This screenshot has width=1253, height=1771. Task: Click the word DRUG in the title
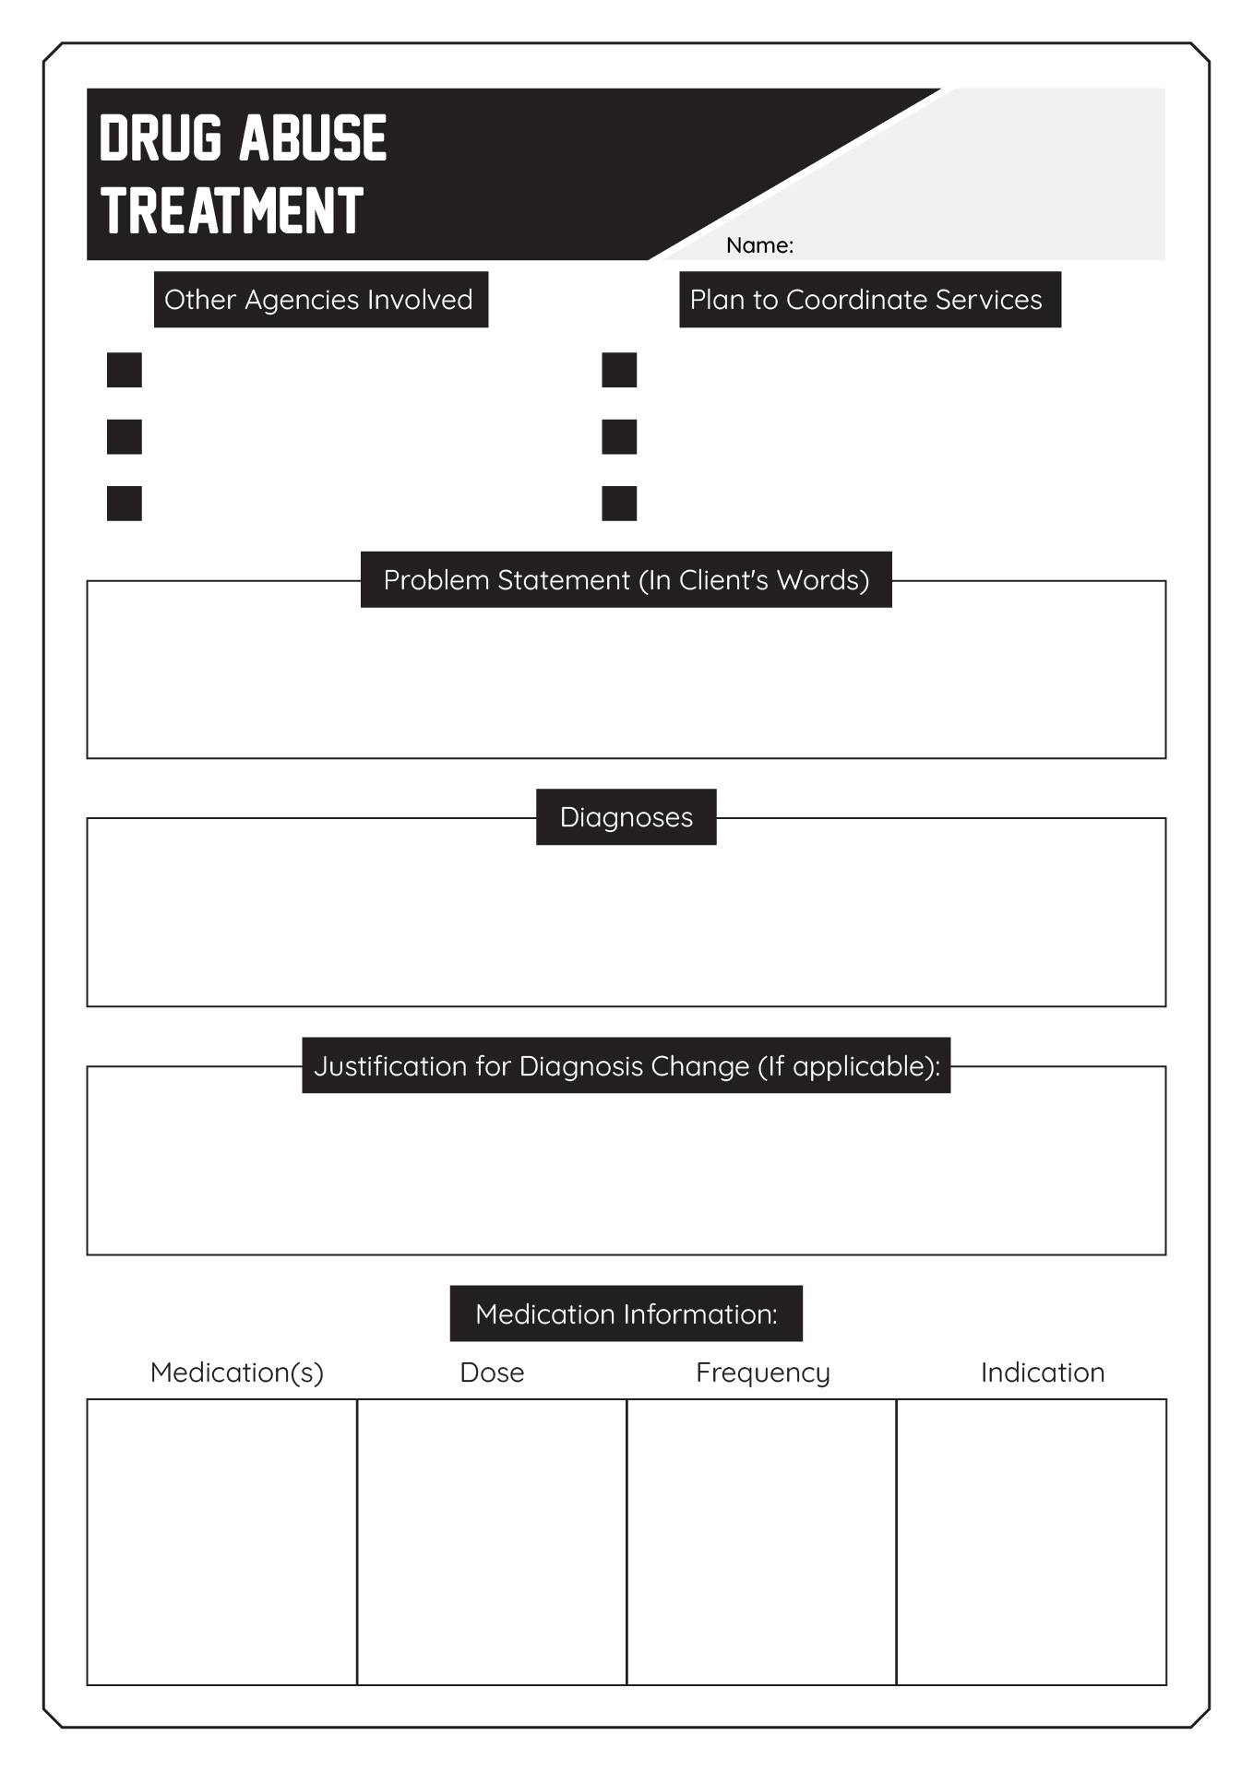tap(161, 138)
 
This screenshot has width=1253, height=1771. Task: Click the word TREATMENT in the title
tap(233, 210)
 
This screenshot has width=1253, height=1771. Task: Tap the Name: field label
tap(759, 245)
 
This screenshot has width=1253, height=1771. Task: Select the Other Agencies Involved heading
tap(320, 299)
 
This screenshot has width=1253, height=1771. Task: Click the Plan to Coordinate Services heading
tap(870, 299)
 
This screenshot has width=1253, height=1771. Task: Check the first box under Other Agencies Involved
tap(125, 370)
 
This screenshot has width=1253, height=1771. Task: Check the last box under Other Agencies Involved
tap(125, 504)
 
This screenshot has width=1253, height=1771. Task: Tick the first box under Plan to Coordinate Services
tap(619, 370)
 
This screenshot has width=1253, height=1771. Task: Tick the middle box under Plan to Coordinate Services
tap(619, 437)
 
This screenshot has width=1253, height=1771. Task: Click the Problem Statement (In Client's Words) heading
tap(626, 579)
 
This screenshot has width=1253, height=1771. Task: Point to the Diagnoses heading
tap(626, 816)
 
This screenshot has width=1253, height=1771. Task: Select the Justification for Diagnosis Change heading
tap(626, 1065)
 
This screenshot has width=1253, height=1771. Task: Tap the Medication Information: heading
tap(626, 1313)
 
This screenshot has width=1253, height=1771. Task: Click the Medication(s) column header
tap(237, 1373)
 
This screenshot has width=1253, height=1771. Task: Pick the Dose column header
tap(492, 1373)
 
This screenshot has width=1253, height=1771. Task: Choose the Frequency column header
tap(763, 1373)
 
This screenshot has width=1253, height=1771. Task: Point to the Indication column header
tap(1043, 1373)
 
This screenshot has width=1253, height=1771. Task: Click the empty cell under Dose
tap(492, 1542)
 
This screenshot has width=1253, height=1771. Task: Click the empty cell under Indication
tap(1032, 1542)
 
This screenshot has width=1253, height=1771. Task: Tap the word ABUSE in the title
tap(314, 138)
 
